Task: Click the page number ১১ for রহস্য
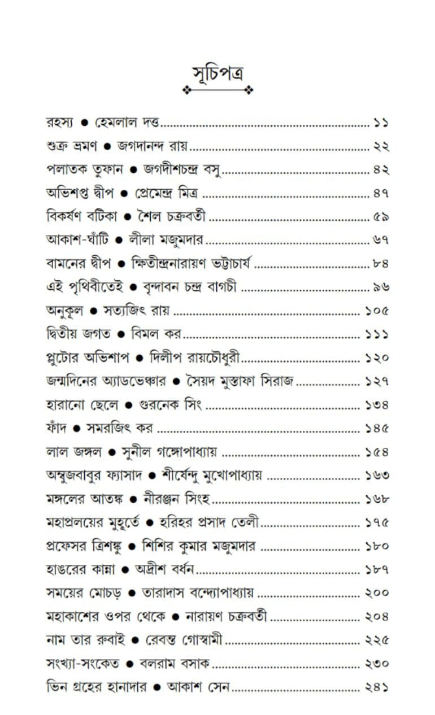381,123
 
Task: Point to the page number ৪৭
381,193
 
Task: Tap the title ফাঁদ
56,429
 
